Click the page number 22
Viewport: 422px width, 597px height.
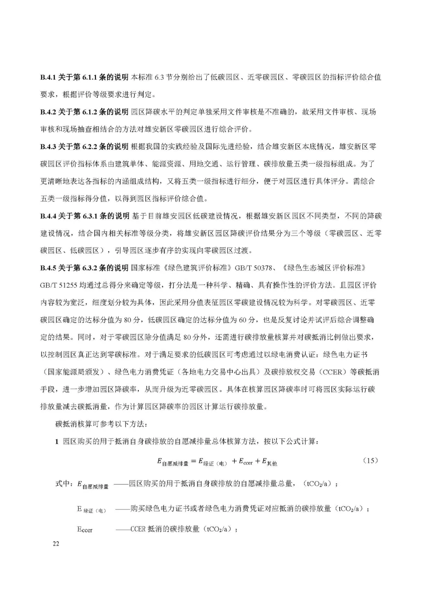56,544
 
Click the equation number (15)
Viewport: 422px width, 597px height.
370,461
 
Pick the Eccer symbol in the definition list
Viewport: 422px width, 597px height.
85,530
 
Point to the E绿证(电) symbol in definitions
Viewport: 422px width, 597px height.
91,509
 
